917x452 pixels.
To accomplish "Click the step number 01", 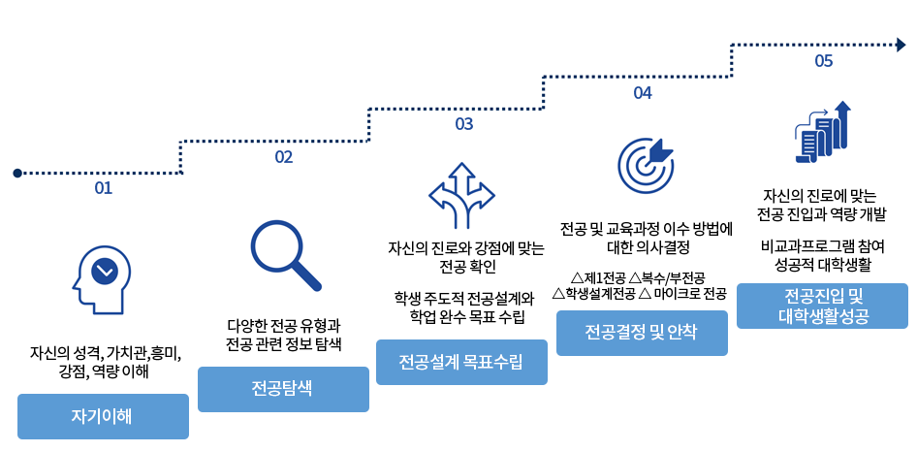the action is pos(103,188).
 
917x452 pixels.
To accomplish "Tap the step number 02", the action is pos(284,157).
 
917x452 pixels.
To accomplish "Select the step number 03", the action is pos(464,124).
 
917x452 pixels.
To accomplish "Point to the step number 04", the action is pos(642,92).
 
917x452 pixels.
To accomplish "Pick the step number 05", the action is pos(823,61).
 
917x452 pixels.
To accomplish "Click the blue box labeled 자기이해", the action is pos(103,416).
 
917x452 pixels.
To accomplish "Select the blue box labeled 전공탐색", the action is pos(283,389).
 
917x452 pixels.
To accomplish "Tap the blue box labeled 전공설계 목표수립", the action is pos(461,363).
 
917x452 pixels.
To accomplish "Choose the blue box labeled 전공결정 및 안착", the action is pos(642,333).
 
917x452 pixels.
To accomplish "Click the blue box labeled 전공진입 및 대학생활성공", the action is pos(822,307).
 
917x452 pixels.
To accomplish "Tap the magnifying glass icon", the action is pos(285,255).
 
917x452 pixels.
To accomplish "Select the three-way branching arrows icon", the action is pos(462,195).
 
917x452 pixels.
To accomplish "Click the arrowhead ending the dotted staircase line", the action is pos(901,45).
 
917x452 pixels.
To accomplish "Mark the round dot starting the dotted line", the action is pos(17,173).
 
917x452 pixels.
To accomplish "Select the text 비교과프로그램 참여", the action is pos(823,247).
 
